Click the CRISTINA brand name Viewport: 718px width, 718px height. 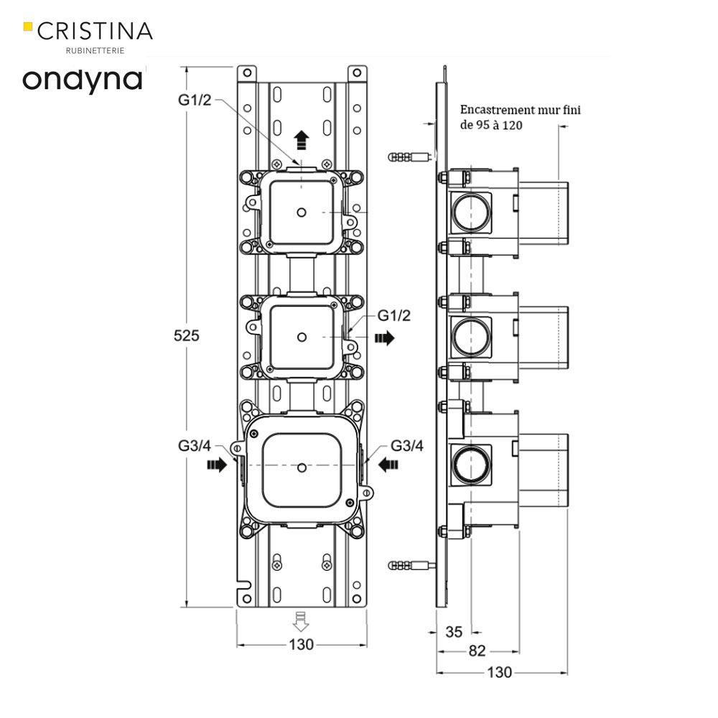tap(95, 31)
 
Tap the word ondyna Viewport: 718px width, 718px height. tap(83, 79)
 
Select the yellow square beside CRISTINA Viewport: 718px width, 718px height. tap(28, 27)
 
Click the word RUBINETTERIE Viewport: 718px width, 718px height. tap(94, 50)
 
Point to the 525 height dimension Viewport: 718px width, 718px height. tap(186, 335)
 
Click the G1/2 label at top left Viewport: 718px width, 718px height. tap(195, 100)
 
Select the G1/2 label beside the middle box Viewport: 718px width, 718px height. tap(394, 316)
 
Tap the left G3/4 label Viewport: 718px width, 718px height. tap(195, 446)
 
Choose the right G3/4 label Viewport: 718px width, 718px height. tap(407, 446)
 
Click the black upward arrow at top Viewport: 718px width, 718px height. tap(302, 139)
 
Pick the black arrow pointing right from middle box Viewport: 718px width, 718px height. tap(385, 337)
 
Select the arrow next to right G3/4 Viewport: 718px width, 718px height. tap(388, 465)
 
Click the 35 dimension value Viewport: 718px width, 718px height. tap(454, 632)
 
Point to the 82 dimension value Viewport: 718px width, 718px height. tap(477, 651)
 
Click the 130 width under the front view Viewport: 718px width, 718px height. tap(302, 645)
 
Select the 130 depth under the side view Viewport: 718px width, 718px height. tap(500, 673)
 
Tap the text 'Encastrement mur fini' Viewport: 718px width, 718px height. tap(520, 110)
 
